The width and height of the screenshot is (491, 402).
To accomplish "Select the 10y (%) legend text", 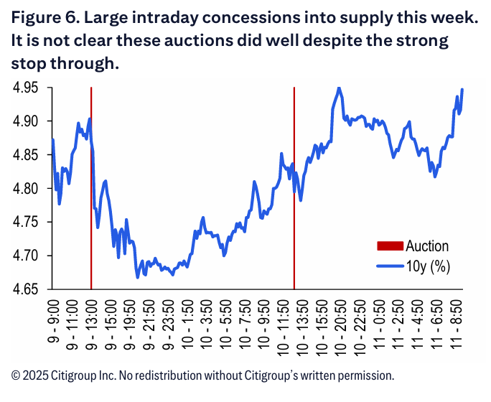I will [428, 266].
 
